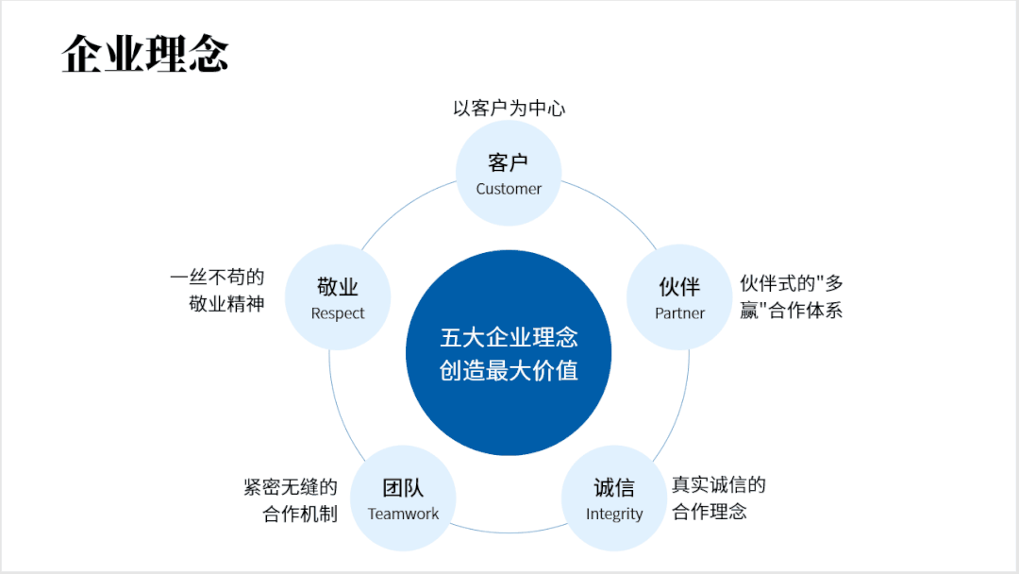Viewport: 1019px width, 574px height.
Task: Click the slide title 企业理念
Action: pyautogui.click(x=145, y=54)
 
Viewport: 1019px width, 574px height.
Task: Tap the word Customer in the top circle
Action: pyautogui.click(x=509, y=189)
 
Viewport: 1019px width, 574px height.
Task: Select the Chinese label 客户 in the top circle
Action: pyautogui.click(x=509, y=162)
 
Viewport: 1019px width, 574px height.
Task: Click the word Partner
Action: pyautogui.click(x=679, y=313)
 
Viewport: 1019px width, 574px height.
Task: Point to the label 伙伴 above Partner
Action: pyautogui.click(x=679, y=287)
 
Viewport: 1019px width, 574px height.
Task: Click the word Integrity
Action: pyautogui.click(x=614, y=515)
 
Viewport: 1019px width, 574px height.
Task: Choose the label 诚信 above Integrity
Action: pyautogui.click(x=614, y=488)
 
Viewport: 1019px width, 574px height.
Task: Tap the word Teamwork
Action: pyautogui.click(x=403, y=515)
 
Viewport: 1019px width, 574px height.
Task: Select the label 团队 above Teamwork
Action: pyautogui.click(x=403, y=488)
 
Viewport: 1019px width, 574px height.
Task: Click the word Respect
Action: pyautogui.click(x=338, y=313)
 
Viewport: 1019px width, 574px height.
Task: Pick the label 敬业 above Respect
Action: pyautogui.click(x=338, y=287)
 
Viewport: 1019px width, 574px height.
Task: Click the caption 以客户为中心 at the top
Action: pyautogui.click(x=509, y=109)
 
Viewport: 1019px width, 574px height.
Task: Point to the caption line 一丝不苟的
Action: pyautogui.click(x=217, y=278)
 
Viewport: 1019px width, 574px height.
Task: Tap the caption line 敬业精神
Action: pyautogui.click(x=226, y=305)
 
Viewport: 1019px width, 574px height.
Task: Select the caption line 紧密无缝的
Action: pyautogui.click(x=290, y=487)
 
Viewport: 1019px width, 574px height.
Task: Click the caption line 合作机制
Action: pyautogui.click(x=299, y=515)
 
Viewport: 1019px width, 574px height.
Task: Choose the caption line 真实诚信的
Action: pyautogui.click(x=719, y=485)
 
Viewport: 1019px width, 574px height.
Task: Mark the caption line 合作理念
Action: pyautogui.click(x=710, y=513)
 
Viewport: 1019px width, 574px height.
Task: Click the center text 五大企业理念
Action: pyautogui.click(x=509, y=337)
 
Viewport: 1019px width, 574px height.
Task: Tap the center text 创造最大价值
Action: pyautogui.click(x=509, y=370)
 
